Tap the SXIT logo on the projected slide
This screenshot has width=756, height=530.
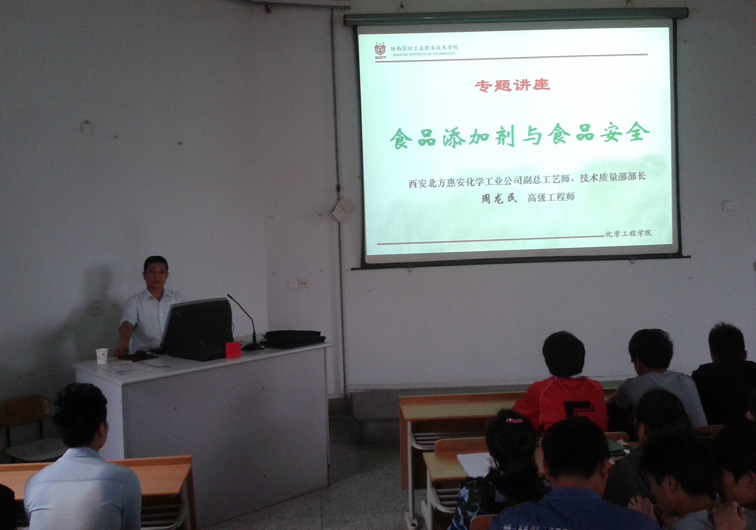click(x=380, y=51)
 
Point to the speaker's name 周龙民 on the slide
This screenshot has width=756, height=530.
click(x=499, y=198)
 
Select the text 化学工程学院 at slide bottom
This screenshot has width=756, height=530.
click(x=628, y=233)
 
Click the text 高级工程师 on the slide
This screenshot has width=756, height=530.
click(x=551, y=197)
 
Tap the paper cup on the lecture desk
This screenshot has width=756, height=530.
click(x=101, y=356)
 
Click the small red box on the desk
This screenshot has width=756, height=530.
click(x=233, y=350)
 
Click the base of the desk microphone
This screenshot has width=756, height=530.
click(x=252, y=346)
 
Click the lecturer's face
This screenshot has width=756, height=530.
click(x=156, y=274)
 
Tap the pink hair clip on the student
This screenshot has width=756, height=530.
click(x=514, y=420)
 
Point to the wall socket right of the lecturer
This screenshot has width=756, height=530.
click(x=298, y=283)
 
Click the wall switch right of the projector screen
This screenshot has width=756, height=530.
click(x=727, y=205)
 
